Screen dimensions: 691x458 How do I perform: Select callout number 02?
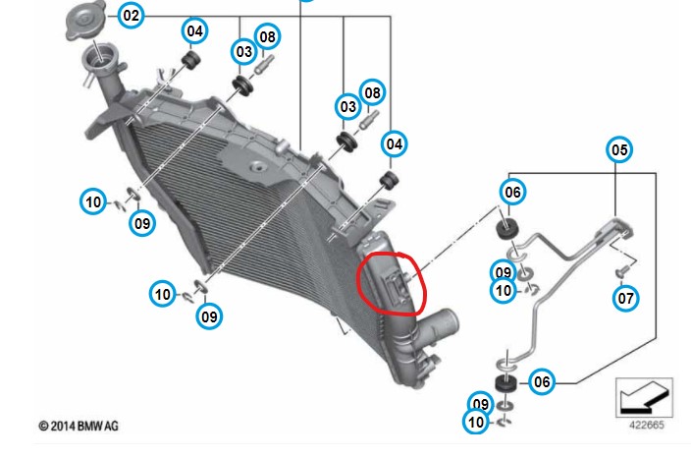click(131, 16)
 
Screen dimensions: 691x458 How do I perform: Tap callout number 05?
click(619, 149)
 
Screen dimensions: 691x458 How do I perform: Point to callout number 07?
click(626, 298)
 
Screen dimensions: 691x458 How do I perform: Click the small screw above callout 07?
click(622, 270)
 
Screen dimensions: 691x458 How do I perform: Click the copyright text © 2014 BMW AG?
click(79, 426)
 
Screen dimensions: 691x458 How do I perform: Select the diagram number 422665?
click(647, 425)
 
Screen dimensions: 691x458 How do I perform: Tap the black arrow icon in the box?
click(645, 397)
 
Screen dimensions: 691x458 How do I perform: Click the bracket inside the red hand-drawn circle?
click(398, 286)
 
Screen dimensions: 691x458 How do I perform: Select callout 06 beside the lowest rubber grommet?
click(542, 381)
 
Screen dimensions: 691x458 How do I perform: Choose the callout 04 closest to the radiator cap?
click(194, 30)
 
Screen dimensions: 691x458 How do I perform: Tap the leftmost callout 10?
click(93, 202)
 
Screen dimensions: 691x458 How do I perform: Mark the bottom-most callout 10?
click(476, 422)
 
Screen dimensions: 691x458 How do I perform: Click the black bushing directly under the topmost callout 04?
click(191, 60)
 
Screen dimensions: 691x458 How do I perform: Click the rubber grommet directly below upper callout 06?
click(507, 228)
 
